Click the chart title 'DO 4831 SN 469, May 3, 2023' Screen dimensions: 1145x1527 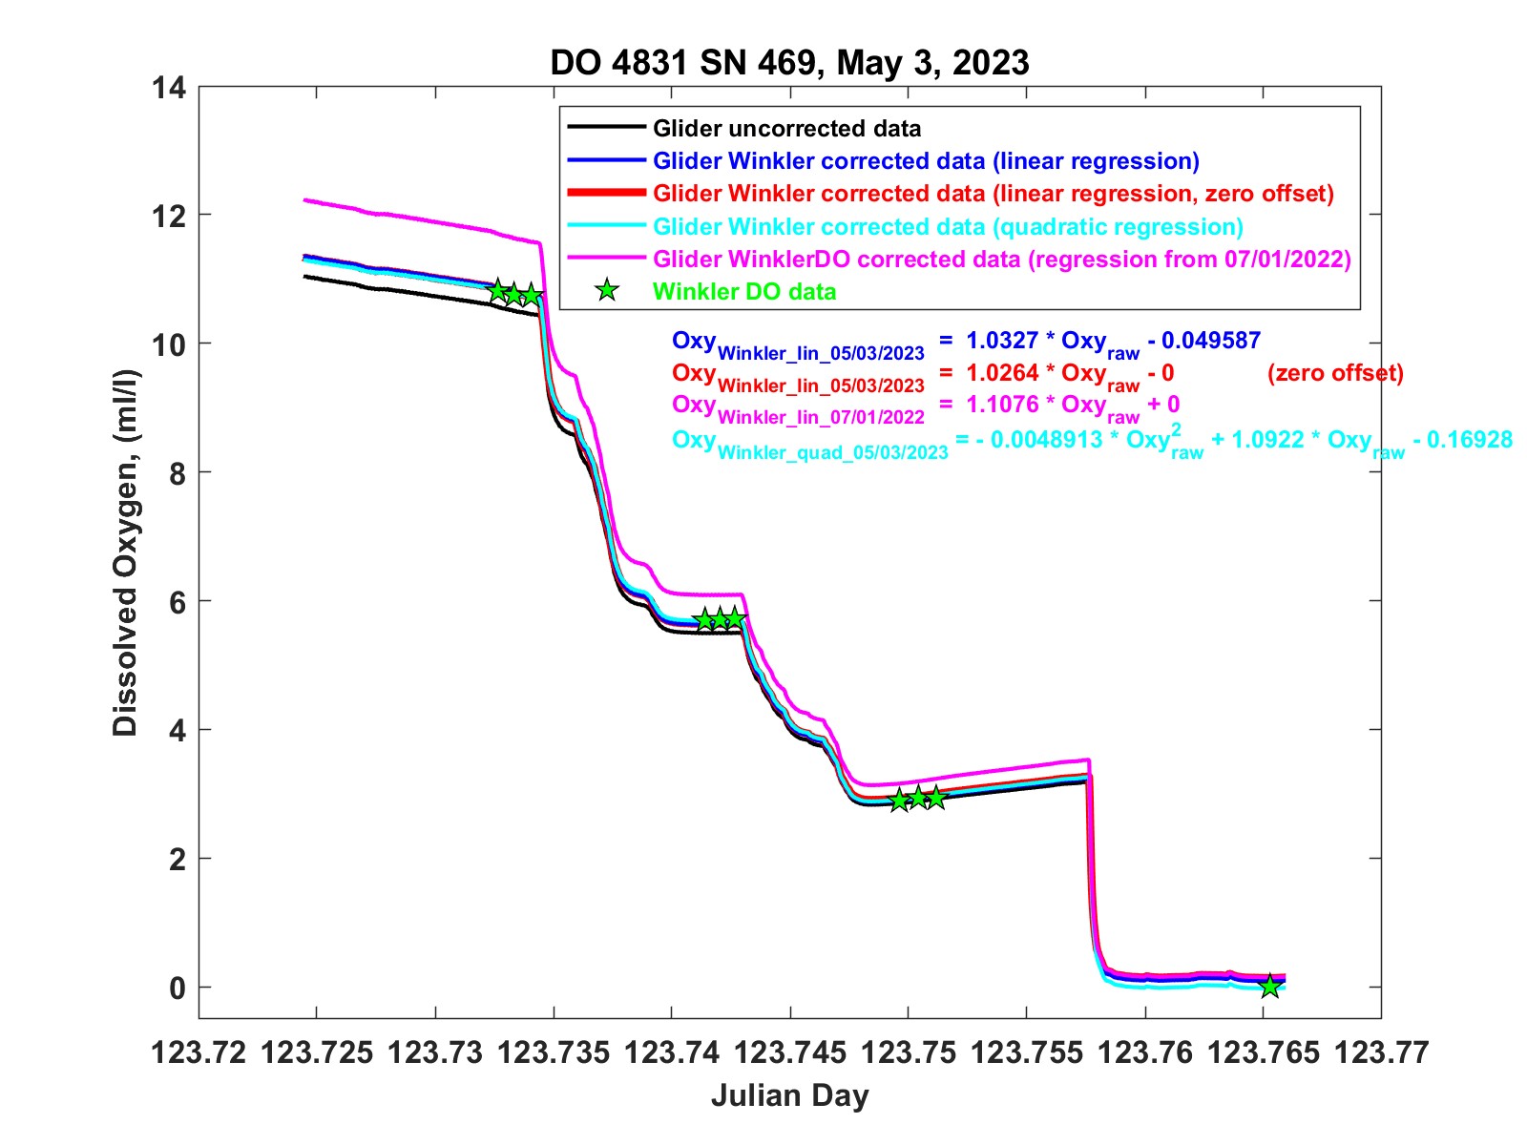789,63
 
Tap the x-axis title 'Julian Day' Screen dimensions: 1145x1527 789,1095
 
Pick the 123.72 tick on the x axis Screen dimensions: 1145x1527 199,1052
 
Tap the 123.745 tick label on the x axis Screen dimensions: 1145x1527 791,1052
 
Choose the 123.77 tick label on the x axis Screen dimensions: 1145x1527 1381,1052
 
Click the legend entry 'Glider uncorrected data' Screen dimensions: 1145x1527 786,129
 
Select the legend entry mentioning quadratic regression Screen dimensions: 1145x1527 948,227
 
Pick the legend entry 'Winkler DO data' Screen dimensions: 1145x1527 744,292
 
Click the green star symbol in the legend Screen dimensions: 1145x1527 606,291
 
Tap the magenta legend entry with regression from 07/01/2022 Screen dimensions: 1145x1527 1002,260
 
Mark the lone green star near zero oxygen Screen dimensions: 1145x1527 1269,987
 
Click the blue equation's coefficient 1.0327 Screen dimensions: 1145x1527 1001,341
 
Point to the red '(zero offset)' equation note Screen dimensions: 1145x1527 1335,373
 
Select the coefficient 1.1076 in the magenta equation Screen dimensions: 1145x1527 1001,405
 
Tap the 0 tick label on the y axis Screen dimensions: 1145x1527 177,989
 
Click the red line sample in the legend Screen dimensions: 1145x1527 606,193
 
